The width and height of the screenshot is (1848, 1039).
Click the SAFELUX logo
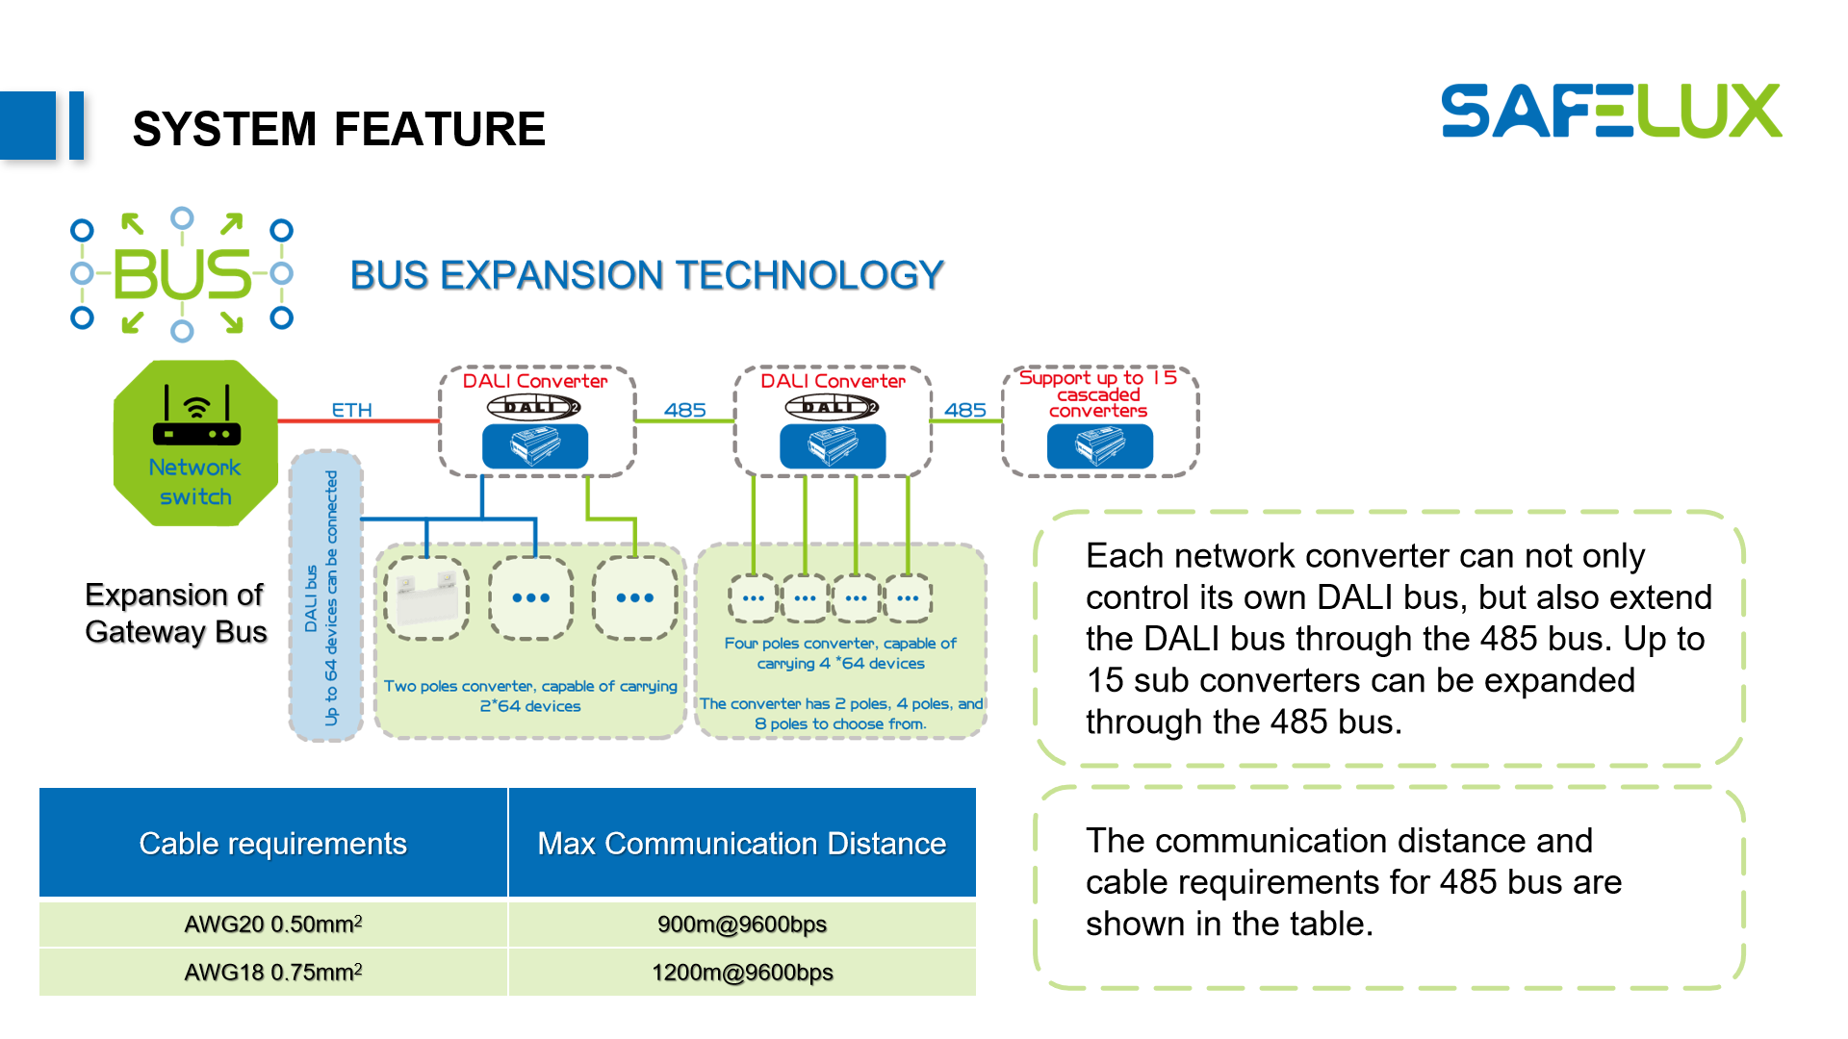point(1610,111)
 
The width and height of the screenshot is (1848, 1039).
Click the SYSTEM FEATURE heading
point(339,129)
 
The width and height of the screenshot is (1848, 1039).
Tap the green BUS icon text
point(182,275)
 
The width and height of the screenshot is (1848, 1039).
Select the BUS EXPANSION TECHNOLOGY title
point(646,275)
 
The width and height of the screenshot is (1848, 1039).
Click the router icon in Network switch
point(196,418)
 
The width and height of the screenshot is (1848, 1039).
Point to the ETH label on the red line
point(351,410)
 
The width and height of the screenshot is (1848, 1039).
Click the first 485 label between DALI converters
point(684,410)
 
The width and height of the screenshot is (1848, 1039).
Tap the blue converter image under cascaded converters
point(1099,446)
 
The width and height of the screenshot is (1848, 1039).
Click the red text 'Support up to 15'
point(1097,377)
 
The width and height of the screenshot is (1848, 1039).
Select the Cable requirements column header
point(272,844)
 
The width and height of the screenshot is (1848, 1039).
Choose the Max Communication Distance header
point(741,844)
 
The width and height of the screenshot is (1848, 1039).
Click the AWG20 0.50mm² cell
point(272,925)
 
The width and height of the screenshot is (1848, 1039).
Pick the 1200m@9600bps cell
point(741,973)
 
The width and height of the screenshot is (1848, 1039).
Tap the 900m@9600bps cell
point(741,925)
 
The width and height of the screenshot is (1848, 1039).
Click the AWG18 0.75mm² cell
point(272,973)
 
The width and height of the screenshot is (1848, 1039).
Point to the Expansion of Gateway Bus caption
point(175,613)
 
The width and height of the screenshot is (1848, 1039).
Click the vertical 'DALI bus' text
point(311,598)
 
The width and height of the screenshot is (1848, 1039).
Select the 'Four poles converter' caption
point(839,653)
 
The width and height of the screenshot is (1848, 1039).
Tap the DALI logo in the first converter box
point(533,407)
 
